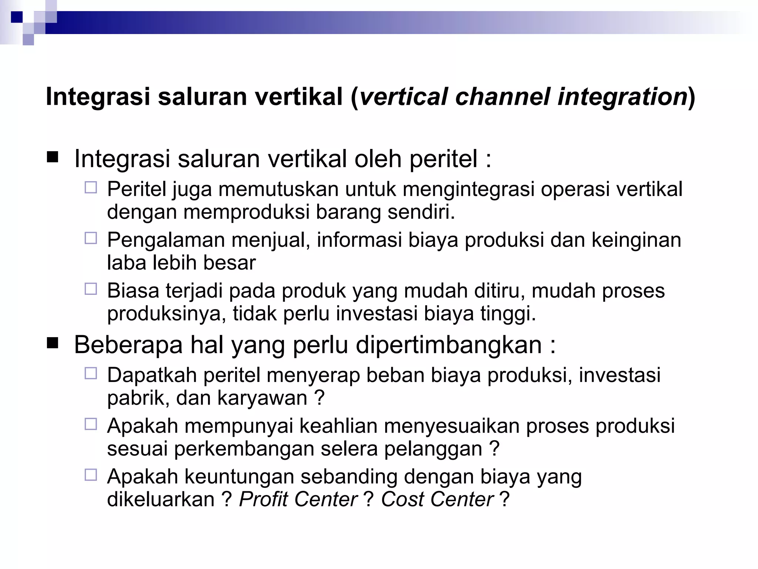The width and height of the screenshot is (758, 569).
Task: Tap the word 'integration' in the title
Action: click(x=622, y=97)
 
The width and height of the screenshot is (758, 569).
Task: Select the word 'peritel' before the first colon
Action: click(x=443, y=159)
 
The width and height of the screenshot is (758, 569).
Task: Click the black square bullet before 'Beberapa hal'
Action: click(x=53, y=344)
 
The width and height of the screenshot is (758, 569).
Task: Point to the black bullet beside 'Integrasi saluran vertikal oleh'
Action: click(x=53, y=158)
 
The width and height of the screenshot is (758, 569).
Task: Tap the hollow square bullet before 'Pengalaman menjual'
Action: click(x=91, y=238)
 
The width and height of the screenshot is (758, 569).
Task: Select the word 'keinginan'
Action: click(x=636, y=240)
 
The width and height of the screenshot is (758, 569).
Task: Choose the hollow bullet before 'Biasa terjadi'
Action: click(x=91, y=289)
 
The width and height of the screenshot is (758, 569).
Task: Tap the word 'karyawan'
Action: click(x=262, y=398)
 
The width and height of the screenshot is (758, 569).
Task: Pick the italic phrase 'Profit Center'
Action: click(x=298, y=500)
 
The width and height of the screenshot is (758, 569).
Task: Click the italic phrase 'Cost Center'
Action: click(x=437, y=500)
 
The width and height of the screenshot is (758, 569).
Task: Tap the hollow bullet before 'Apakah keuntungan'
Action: click(x=91, y=475)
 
